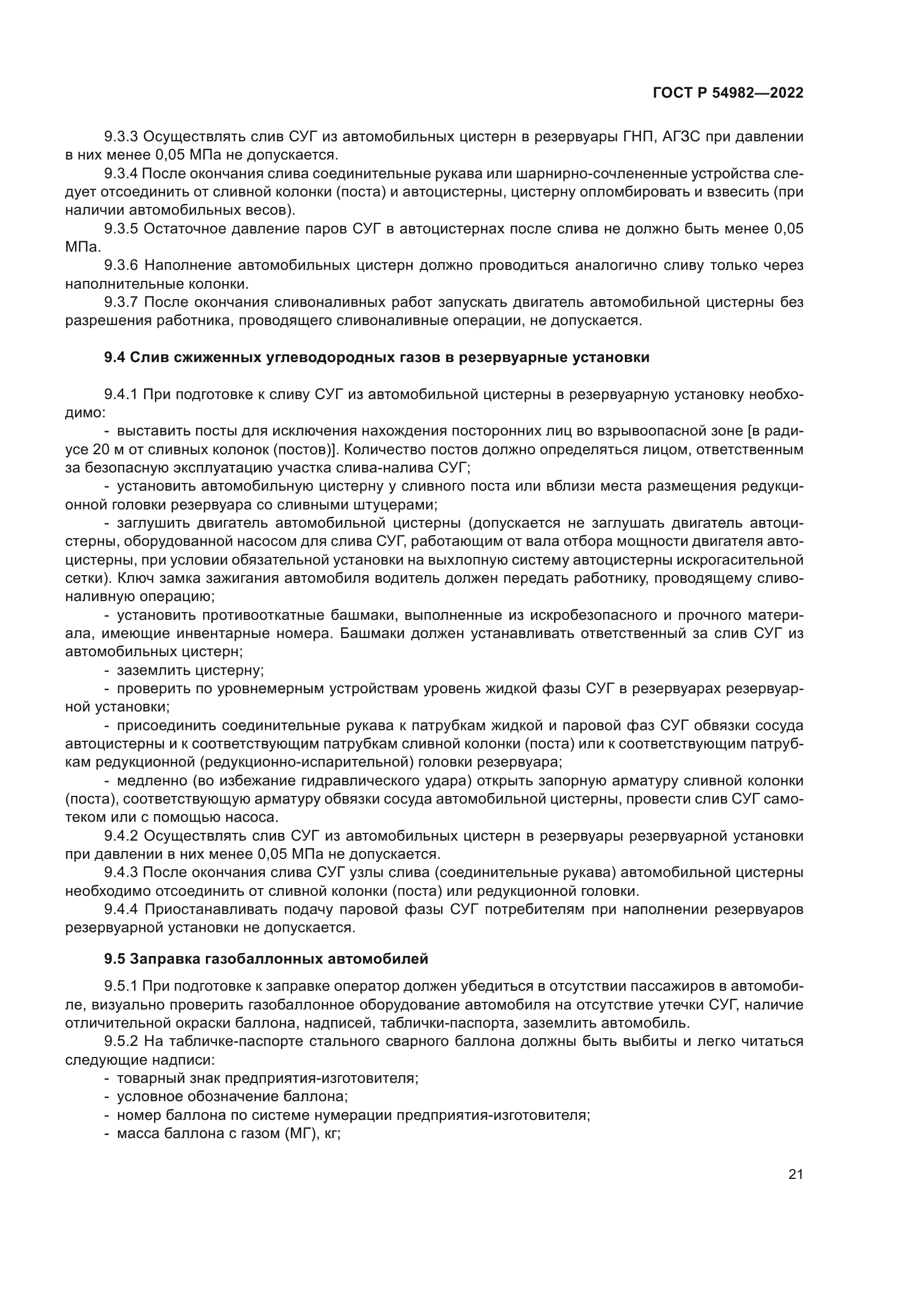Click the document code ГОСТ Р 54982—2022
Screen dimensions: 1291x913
(x=728, y=93)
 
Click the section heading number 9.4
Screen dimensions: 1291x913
(x=115, y=358)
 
